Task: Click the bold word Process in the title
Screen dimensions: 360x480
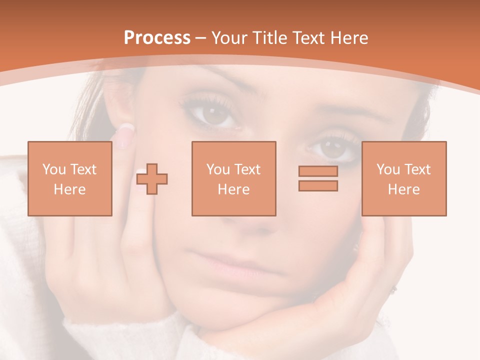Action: [x=157, y=38]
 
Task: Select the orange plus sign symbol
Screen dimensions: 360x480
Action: [x=152, y=178]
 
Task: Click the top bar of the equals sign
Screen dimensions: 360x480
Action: [x=318, y=171]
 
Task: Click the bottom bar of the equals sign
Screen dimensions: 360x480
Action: [x=318, y=185]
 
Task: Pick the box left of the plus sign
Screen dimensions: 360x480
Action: [x=69, y=178]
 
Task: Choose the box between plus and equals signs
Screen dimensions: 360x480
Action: [x=233, y=178]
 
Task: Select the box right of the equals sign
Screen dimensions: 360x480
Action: [x=403, y=178]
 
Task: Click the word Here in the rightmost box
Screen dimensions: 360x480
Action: [x=403, y=189]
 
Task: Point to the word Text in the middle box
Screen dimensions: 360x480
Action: [x=248, y=169]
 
